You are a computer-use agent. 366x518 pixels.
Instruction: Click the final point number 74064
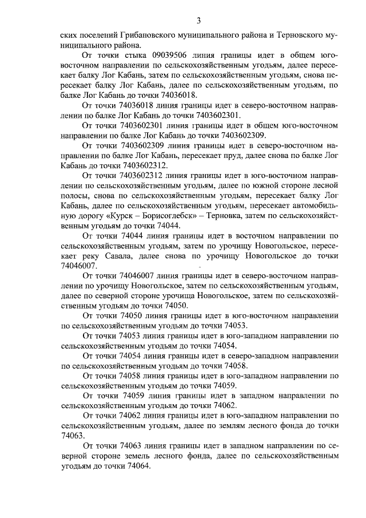pyautogui.click(x=137, y=465)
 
